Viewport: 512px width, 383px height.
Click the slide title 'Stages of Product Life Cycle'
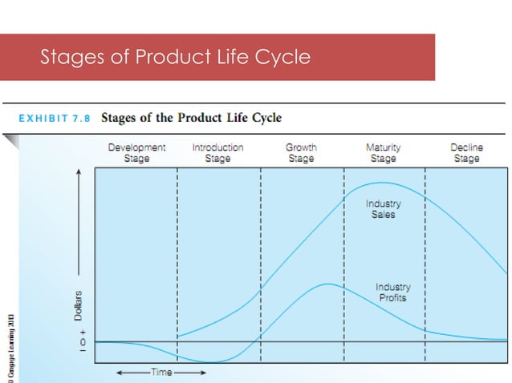click(175, 58)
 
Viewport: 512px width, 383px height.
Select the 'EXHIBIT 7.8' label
click(54, 118)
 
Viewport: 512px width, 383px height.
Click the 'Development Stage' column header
click(136, 153)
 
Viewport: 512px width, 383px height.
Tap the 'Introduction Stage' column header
click(217, 153)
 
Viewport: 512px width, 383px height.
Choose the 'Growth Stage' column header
click(301, 153)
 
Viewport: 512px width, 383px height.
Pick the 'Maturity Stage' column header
click(383, 153)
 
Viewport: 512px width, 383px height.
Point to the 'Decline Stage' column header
click(466, 153)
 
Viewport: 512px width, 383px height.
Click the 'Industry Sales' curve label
click(383, 209)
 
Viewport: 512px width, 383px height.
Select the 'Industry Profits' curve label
click(392, 292)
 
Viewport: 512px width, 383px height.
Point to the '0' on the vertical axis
click(80, 342)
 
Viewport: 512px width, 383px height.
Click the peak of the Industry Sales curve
click(384, 183)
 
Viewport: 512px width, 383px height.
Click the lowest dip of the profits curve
click(210, 363)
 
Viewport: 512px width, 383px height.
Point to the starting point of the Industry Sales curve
click(178, 337)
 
